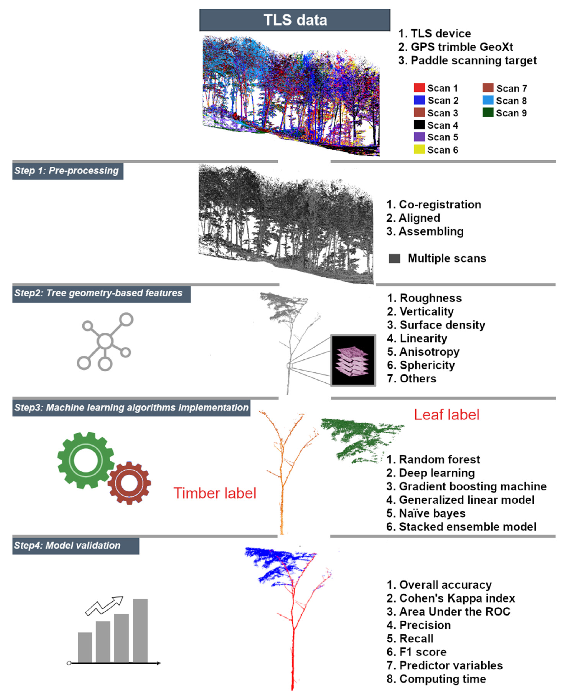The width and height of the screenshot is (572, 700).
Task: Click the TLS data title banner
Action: point(295,20)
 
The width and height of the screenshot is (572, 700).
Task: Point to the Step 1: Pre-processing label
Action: point(68,171)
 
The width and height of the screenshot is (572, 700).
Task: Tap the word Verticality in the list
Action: point(427,311)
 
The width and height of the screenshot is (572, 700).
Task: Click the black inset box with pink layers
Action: point(353,360)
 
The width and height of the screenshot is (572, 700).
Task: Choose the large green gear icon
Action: point(86,460)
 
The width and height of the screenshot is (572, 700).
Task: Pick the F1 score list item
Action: point(417,652)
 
